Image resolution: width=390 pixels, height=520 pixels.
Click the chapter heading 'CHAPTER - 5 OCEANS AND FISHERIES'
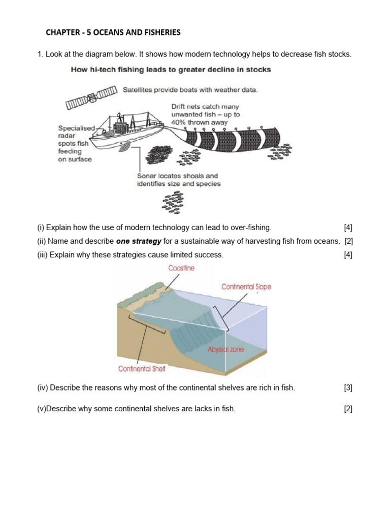tap(113, 32)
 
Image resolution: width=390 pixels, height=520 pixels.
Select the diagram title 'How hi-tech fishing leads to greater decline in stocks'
tap(171, 70)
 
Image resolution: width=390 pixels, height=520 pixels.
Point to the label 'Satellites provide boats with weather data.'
tap(190, 90)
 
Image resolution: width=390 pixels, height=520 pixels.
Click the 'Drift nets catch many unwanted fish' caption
tap(206, 114)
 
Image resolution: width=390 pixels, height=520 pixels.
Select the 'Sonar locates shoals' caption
tap(179, 180)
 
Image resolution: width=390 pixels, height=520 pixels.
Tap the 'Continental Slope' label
tap(246, 287)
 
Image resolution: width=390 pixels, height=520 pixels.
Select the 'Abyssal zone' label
tap(225, 349)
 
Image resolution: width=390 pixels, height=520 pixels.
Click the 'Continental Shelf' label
tap(142, 369)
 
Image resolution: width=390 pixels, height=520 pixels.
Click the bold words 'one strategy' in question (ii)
tap(139, 241)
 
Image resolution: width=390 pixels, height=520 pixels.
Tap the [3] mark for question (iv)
tap(348, 388)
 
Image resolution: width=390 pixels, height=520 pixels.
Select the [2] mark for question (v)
tap(348, 409)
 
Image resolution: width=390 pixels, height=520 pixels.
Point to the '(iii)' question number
tap(42, 255)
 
